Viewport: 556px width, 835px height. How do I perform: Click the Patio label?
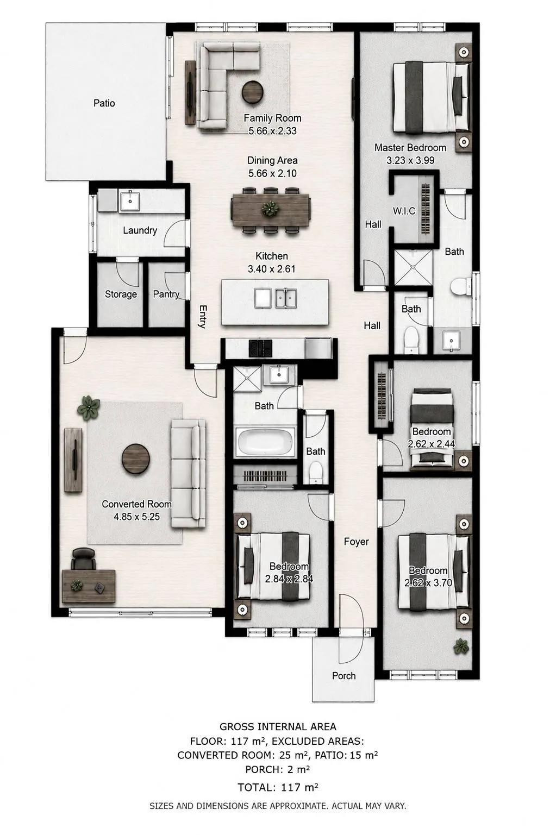tap(104, 103)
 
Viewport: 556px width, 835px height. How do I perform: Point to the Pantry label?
tap(166, 294)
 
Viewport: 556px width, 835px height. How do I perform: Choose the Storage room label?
tap(121, 294)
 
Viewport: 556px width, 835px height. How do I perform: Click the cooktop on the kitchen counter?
tap(260, 349)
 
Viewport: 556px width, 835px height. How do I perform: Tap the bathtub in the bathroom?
tap(266, 442)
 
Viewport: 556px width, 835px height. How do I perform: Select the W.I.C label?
tap(404, 211)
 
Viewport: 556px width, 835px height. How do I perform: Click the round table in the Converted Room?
tap(136, 459)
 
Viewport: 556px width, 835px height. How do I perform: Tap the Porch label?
tap(344, 675)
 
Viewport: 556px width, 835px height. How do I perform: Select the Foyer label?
tap(356, 542)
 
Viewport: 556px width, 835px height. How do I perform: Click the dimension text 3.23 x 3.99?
tap(410, 160)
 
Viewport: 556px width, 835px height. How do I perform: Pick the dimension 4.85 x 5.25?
tap(137, 517)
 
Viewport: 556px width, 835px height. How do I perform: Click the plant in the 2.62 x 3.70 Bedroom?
tap(461, 646)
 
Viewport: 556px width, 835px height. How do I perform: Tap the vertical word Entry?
tap(203, 317)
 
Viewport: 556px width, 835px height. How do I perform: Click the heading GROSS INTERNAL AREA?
tap(278, 726)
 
